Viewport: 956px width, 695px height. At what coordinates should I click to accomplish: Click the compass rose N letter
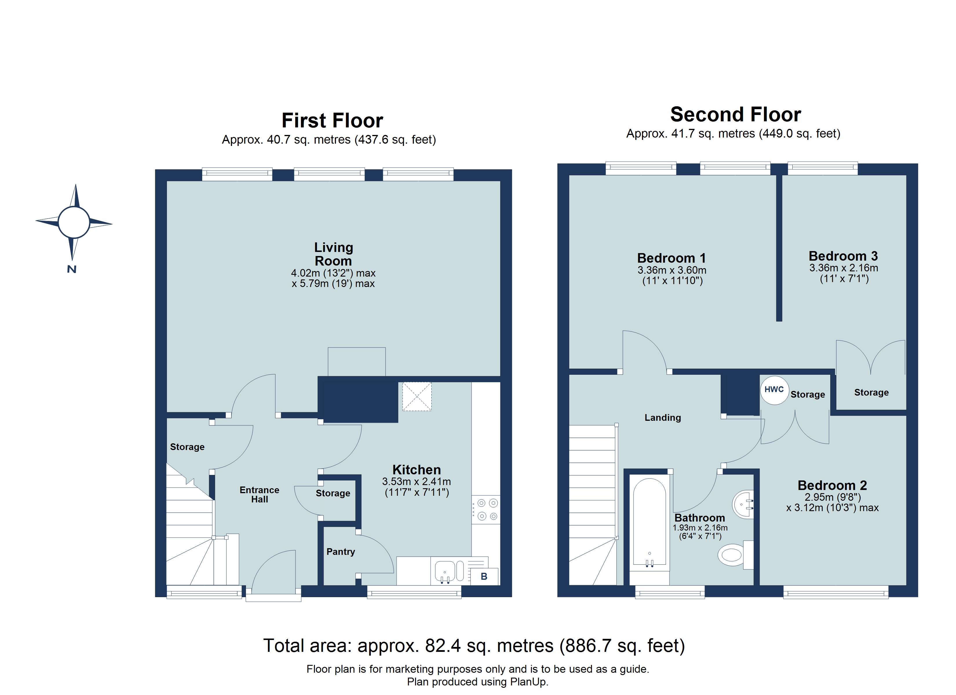click(72, 269)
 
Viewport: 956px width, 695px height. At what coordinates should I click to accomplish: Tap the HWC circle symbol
click(774, 389)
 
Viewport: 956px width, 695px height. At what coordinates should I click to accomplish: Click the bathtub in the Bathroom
click(650, 525)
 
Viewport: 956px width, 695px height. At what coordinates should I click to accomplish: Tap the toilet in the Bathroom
click(734, 555)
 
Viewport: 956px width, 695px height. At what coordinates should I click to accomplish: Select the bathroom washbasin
click(744, 504)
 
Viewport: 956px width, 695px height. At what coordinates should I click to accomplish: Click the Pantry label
click(341, 552)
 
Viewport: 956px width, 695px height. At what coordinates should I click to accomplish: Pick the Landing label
click(663, 418)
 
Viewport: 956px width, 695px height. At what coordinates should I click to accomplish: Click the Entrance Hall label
click(259, 494)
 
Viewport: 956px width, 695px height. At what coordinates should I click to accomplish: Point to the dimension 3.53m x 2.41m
click(417, 481)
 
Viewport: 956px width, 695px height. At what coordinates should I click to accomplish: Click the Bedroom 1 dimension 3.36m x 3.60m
click(672, 270)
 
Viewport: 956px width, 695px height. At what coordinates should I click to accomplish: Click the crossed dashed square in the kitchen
click(417, 397)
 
